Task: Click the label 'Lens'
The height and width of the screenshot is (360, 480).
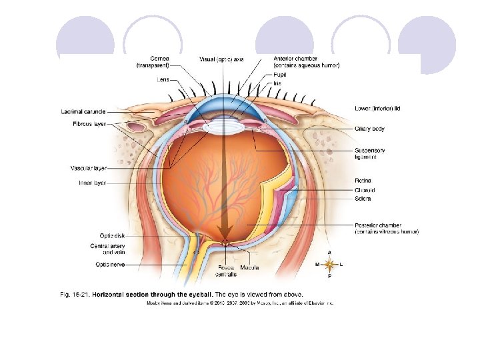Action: pos(163,79)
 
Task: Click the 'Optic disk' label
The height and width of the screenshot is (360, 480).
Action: pos(111,235)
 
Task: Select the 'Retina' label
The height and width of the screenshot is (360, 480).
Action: pos(363,180)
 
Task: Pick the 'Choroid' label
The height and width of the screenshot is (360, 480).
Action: pos(365,190)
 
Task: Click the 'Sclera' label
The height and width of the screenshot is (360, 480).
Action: pos(363,199)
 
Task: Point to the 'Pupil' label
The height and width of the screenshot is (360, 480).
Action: pos(281,75)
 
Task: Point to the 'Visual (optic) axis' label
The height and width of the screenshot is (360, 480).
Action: pos(221,59)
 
